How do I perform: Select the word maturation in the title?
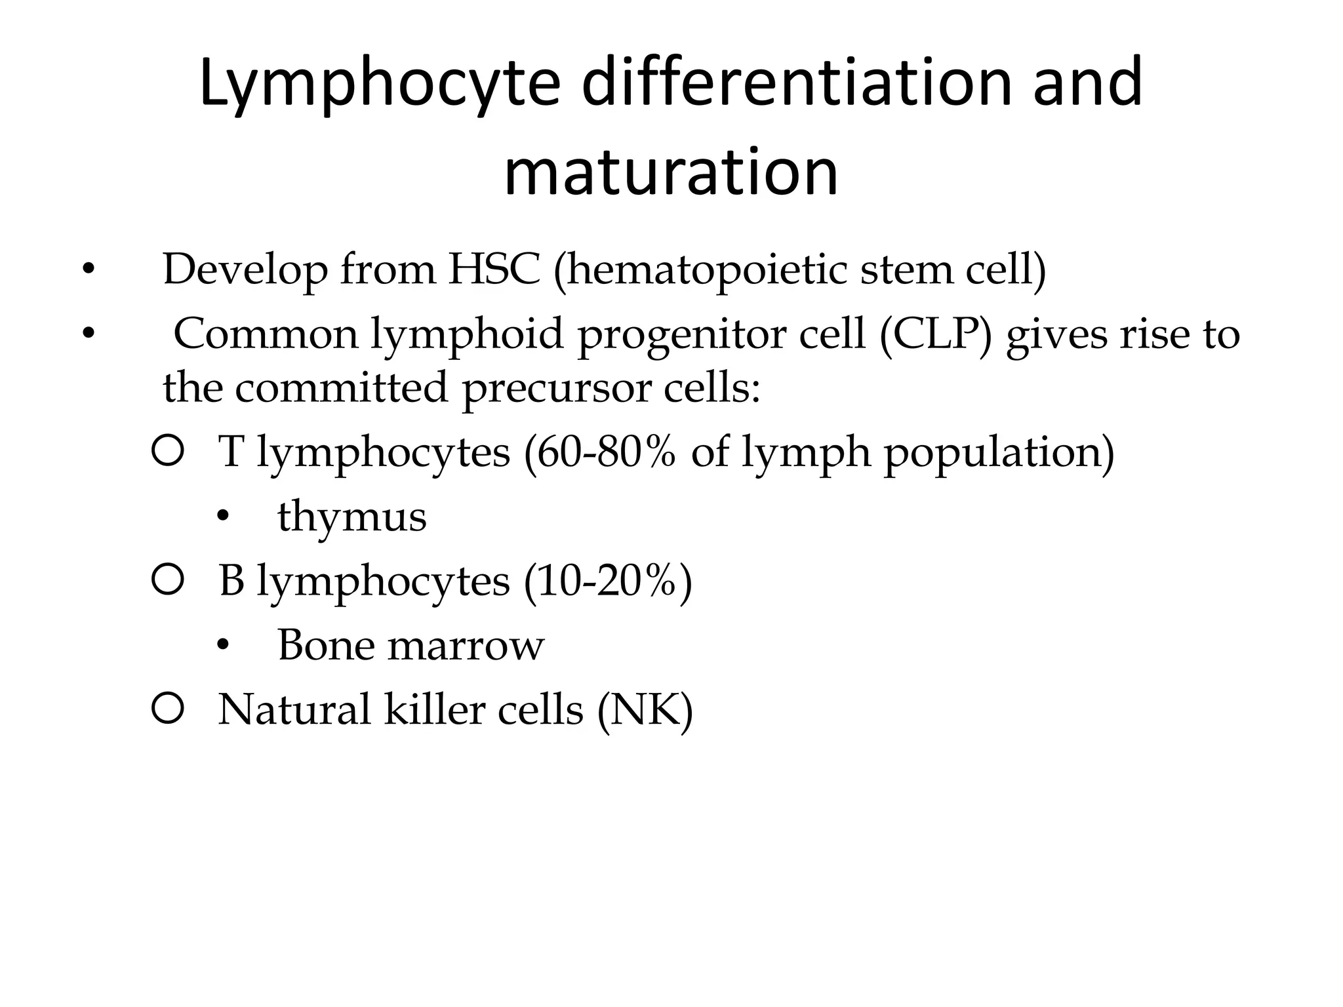pos(671,172)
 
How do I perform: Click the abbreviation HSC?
pos(494,269)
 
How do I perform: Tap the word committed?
pos(341,387)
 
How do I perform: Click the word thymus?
pos(352,517)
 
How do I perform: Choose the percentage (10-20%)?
pos(607,581)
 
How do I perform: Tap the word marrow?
pos(466,645)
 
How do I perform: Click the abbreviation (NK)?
pos(645,709)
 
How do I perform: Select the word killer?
pos(433,709)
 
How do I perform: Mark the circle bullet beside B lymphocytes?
pos(167,580)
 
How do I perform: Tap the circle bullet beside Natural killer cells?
pos(167,709)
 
